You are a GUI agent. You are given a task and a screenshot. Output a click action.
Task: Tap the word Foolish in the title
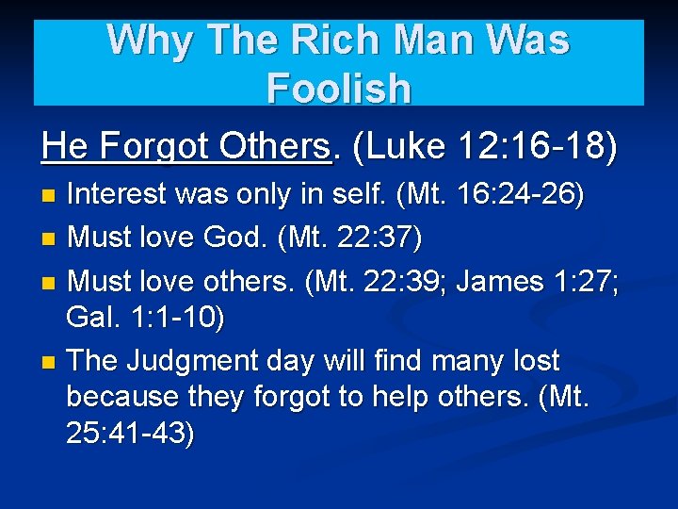pos(339,89)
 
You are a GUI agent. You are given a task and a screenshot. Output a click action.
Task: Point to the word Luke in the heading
pos(408,146)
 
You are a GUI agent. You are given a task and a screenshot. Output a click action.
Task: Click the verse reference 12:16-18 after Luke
pos(536,146)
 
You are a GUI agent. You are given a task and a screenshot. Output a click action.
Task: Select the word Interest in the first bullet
pos(124,195)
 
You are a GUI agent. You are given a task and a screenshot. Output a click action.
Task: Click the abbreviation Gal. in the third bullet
pos(91,318)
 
